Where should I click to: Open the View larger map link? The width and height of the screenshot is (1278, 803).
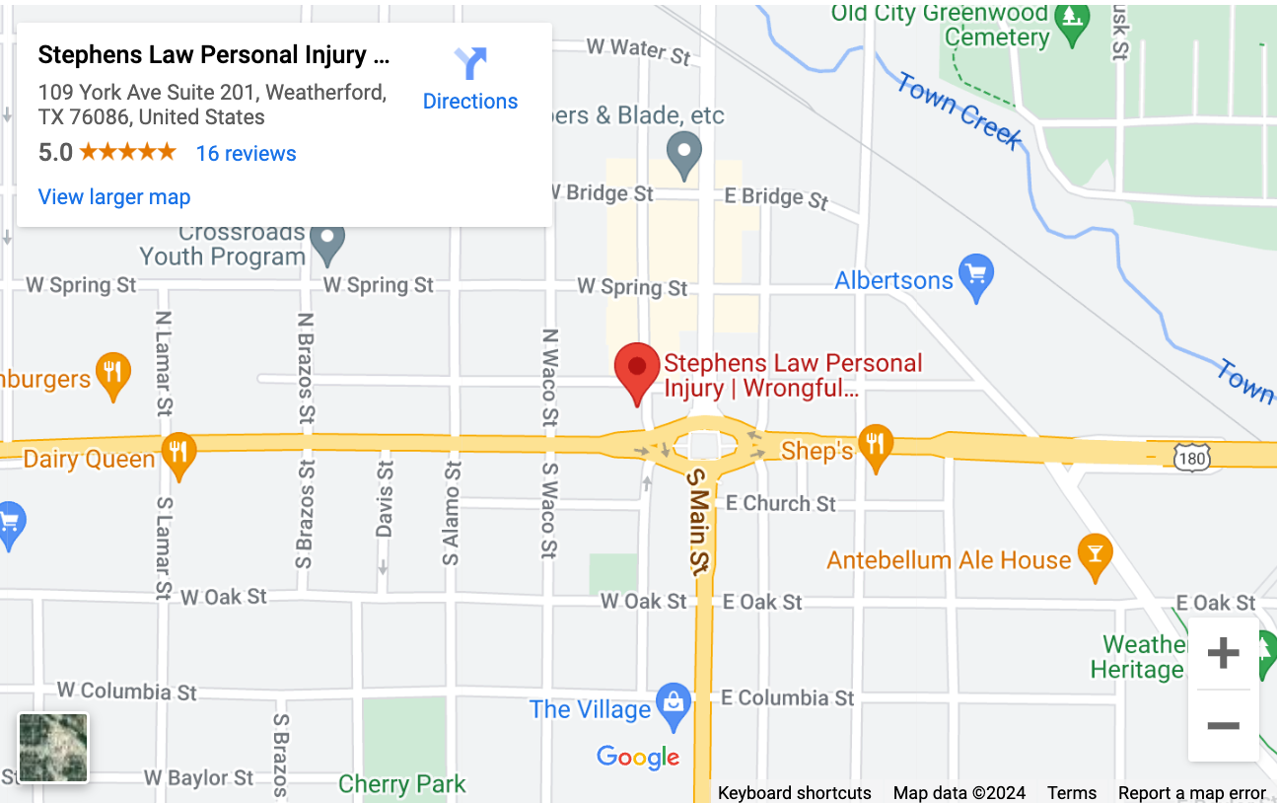click(x=114, y=197)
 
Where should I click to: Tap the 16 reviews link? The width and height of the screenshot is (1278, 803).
click(x=246, y=154)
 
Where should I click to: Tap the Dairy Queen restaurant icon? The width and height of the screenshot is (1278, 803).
click(x=178, y=454)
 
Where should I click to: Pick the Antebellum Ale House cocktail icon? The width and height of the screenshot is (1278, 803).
click(x=1094, y=556)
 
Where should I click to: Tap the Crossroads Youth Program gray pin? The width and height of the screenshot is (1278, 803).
click(x=327, y=243)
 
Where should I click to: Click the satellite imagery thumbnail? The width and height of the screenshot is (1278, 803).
click(x=53, y=748)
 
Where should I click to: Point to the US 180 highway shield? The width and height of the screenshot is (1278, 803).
click(x=1192, y=455)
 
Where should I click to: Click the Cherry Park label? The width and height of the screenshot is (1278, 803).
click(x=401, y=784)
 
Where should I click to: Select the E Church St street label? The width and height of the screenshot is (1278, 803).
click(x=780, y=503)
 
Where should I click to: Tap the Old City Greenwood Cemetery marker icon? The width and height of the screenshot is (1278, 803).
click(x=1071, y=18)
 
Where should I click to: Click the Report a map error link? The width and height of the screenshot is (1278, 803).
click(x=1191, y=793)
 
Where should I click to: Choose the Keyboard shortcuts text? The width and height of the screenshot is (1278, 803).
click(x=794, y=793)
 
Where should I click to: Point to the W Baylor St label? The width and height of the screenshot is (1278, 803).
click(x=198, y=777)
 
